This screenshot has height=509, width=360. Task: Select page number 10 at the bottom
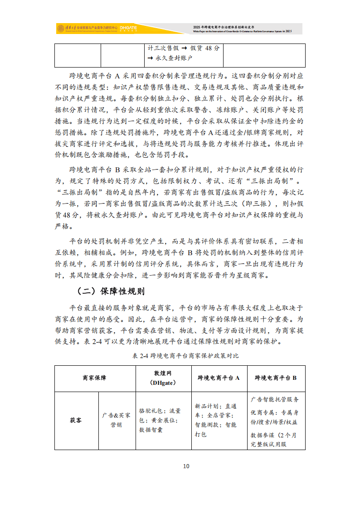[186, 466]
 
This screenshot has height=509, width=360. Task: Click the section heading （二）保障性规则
[111, 291]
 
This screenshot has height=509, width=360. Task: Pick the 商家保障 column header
[95, 378]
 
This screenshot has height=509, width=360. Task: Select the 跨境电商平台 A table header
[219, 378]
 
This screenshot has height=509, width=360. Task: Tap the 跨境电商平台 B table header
[276, 378]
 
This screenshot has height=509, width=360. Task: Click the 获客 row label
[76, 420]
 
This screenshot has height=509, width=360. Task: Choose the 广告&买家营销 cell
[117, 420]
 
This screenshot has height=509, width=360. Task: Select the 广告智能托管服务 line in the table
[275, 399]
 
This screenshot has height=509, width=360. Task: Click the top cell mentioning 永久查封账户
[185, 53]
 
